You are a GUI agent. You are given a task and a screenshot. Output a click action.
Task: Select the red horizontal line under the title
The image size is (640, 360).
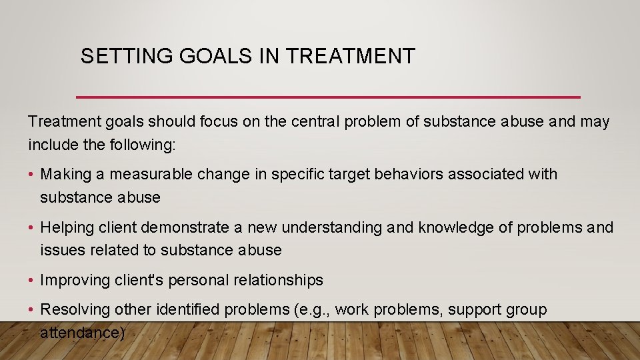tap(328, 97)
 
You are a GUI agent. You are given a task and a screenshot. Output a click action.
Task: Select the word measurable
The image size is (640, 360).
tap(151, 175)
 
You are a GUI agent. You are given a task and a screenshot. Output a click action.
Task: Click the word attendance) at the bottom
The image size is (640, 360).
tap(82, 331)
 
